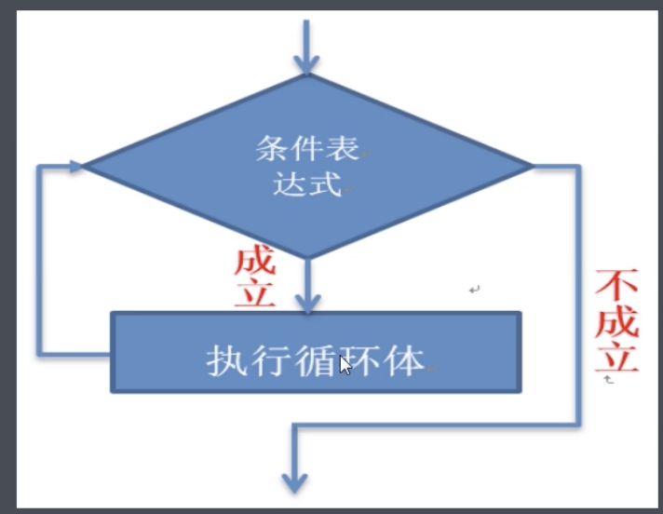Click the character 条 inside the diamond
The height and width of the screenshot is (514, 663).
click(x=270, y=148)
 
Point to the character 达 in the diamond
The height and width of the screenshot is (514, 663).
click(x=289, y=183)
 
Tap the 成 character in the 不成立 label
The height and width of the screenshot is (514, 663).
click(x=616, y=321)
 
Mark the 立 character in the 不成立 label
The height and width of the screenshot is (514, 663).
click(x=616, y=358)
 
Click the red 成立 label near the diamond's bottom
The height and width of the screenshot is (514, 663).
click(x=254, y=277)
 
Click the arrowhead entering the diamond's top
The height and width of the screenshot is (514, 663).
click(x=305, y=63)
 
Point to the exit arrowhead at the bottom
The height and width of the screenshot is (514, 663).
click(x=294, y=481)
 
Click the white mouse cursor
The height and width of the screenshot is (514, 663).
click(x=345, y=365)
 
